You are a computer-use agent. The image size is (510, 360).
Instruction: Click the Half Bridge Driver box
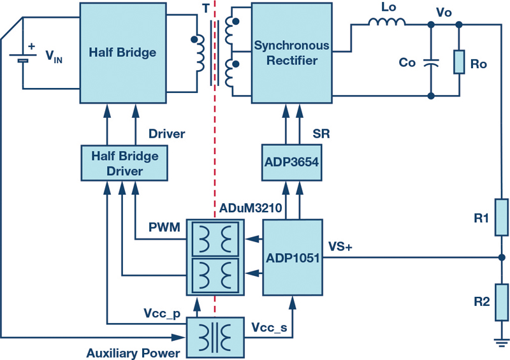[124, 163]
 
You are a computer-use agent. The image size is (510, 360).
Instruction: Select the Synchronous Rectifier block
[292, 53]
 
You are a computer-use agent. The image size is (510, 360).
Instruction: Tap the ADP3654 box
[292, 162]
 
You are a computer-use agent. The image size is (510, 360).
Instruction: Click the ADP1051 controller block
[293, 257]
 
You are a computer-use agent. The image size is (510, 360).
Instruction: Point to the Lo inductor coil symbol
[387, 22]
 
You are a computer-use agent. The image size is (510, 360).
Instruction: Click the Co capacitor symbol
[431, 63]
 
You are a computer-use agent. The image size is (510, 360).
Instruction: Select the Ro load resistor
[459, 62]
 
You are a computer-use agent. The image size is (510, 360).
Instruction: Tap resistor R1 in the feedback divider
[502, 217]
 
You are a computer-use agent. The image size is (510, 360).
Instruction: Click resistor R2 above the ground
[502, 303]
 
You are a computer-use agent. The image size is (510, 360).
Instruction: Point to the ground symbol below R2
[502, 343]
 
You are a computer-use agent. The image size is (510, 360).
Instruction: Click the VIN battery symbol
[23, 58]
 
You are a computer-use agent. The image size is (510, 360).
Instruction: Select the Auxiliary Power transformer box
[215, 338]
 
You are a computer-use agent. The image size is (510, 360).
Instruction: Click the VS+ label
[340, 247]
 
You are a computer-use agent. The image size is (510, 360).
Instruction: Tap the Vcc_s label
[269, 328]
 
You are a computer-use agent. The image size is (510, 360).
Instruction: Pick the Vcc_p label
[162, 313]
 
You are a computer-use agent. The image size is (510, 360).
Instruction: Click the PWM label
[164, 227]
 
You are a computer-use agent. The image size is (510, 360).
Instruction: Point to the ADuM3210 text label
[251, 208]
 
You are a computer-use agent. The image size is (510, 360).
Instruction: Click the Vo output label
[444, 12]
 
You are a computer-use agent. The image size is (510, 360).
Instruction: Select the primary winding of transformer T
[198, 54]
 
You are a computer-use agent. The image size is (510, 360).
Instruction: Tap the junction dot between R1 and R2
[502, 257]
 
